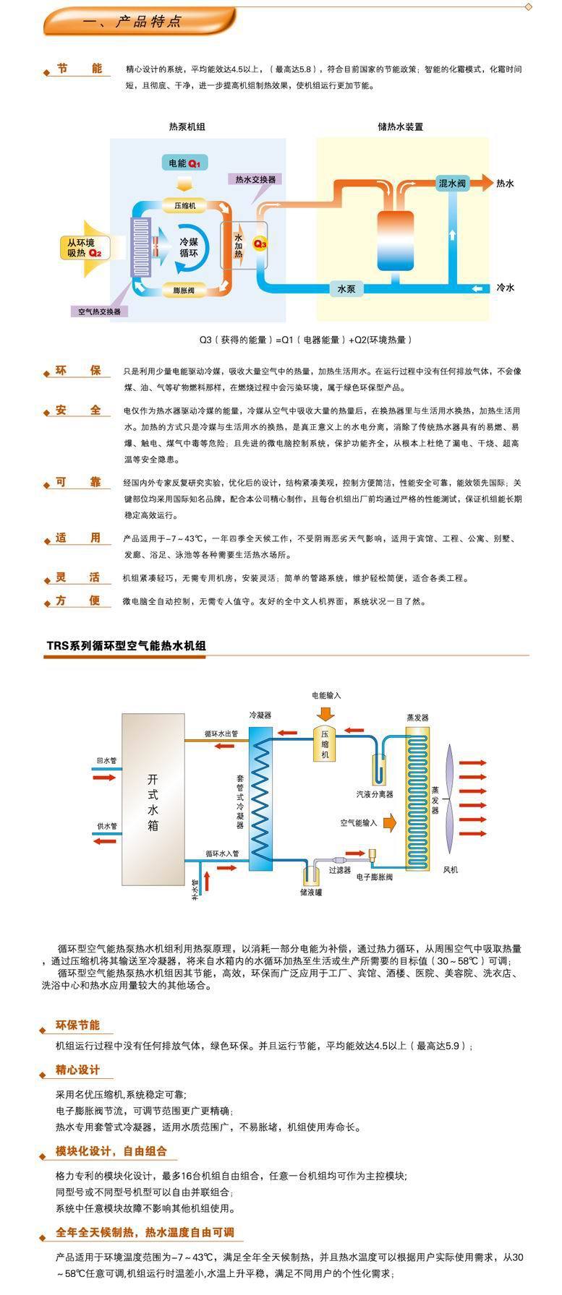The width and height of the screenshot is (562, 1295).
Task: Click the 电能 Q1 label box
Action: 184,163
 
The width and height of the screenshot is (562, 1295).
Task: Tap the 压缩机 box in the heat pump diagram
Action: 184,206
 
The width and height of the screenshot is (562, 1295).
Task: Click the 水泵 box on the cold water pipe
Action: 346,288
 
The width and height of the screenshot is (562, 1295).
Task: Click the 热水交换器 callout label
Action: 255,178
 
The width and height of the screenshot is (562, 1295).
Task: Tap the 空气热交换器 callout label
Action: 100,311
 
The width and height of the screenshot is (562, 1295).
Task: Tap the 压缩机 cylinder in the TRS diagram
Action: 325,742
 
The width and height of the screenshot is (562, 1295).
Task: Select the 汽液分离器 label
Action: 375,794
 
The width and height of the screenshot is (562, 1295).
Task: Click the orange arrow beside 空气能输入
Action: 390,822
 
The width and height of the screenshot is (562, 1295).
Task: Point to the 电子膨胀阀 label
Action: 375,877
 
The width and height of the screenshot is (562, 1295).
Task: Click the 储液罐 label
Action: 311,893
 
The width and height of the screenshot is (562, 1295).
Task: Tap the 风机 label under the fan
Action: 450,870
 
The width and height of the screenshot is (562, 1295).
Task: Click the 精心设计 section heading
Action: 77,1070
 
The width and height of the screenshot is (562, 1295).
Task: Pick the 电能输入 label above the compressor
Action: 326,695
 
